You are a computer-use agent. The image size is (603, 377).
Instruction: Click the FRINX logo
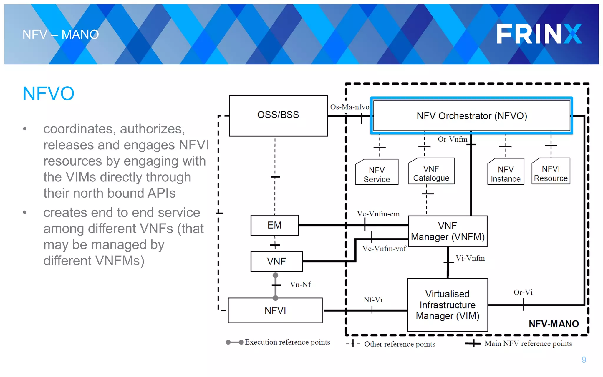point(539,34)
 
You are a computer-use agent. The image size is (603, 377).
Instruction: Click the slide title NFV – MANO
point(61,35)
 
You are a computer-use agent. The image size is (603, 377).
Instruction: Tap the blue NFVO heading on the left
point(49,94)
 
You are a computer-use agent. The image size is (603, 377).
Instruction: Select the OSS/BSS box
point(278,115)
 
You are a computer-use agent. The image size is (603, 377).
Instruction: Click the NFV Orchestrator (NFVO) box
point(471,116)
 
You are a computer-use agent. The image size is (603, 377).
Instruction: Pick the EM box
point(274,225)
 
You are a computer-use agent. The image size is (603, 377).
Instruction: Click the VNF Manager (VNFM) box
point(448,231)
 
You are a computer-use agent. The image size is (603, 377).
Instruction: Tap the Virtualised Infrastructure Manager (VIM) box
point(447,305)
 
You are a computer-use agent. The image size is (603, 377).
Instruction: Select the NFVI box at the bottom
point(275,310)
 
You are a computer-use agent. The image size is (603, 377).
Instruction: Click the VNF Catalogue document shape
point(431,173)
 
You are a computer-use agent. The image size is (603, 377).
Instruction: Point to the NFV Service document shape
point(377,174)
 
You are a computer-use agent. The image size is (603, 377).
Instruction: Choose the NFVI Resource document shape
point(551,173)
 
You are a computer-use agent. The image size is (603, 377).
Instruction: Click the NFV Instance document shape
point(506,174)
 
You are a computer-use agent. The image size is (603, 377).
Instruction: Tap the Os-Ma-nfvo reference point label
point(349,107)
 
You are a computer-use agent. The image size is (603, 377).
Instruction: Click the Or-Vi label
point(523,292)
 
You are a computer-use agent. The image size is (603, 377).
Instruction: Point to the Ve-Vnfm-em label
point(378,214)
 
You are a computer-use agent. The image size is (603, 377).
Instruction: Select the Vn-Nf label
point(300,285)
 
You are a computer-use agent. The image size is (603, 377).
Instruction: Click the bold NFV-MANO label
point(554,324)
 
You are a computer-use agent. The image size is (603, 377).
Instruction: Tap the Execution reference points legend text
point(287,342)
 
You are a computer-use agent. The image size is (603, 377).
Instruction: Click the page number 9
point(584,360)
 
